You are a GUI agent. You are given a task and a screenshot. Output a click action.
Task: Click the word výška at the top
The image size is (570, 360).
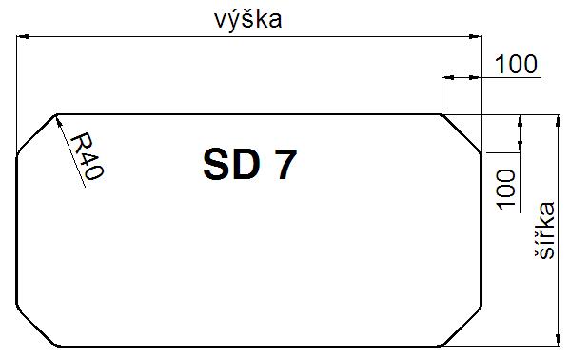pyautogui.click(x=248, y=20)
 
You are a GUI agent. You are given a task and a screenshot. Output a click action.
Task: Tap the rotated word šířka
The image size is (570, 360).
pyautogui.click(x=545, y=230)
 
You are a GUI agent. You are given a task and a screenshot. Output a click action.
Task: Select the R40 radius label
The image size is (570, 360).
pyautogui.click(x=87, y=156)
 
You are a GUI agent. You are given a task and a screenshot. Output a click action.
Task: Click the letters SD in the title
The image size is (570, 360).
pyautogui.click(x=231, y=165)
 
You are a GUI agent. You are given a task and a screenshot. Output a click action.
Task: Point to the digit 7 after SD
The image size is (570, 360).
pyautogui.click(x=287, y=165)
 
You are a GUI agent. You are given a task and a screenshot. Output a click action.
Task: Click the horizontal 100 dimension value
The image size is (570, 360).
pyautogui.click(x=516, y=64)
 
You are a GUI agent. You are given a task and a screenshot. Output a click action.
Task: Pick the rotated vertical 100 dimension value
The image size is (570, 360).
pyautogui.click(x=506, y=190)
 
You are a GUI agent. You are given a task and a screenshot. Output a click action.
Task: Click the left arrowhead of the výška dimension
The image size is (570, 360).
pyautogui.click(x=23, y=37)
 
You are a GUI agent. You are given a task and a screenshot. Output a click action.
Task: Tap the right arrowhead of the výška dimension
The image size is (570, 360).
pyautogui.click(x=475, y=37)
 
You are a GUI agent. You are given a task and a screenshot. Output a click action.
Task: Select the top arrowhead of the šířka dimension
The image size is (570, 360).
pyautogui.click(x=559, y=121)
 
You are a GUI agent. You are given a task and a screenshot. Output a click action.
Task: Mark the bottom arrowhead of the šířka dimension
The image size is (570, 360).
pyautogui.click(x=559, y=339)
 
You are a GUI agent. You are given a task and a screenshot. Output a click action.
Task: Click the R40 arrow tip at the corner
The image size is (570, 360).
pyautogui.click(x=57, y=117)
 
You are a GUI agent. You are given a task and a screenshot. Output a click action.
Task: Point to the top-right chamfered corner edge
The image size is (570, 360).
pyautogui.click(x=461, y=133)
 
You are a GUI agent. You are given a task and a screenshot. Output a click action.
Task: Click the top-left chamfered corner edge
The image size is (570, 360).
pyautogui.click(x=36, y=133)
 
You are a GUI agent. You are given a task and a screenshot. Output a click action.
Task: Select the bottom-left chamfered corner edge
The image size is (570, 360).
pyautogui.click(x=36, y=326)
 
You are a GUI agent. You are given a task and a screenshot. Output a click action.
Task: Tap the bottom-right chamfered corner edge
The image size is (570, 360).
pyautogui.click(x=462, y=325)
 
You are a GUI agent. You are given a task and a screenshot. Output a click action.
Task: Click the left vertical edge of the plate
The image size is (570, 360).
pyautogui.click(x=17, y=230)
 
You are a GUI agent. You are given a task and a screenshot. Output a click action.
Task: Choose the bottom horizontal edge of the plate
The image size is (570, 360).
pyautogui.click(x=249, y=346)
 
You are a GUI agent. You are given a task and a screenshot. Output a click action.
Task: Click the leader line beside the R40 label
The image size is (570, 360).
pyautogui.click(x=70, y=151)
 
